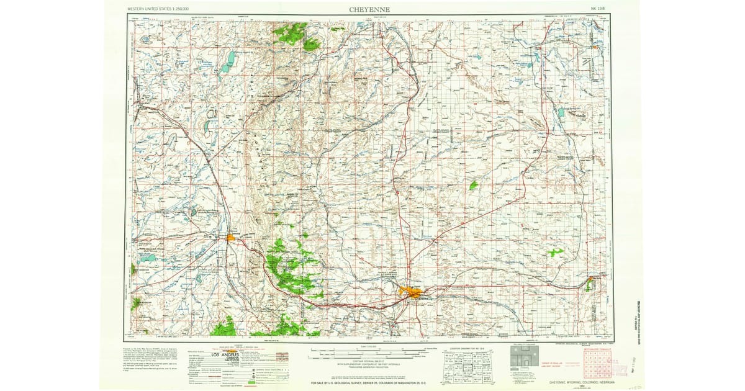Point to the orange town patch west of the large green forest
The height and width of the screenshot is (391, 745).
(x=231, y=236)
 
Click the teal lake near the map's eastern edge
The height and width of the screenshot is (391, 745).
(x=561, y=112)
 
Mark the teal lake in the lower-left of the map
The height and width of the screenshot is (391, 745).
(x=149, y=257)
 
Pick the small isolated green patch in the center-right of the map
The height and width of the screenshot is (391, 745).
(x=474, y=185)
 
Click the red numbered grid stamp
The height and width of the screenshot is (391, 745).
(x=597, y=362)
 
